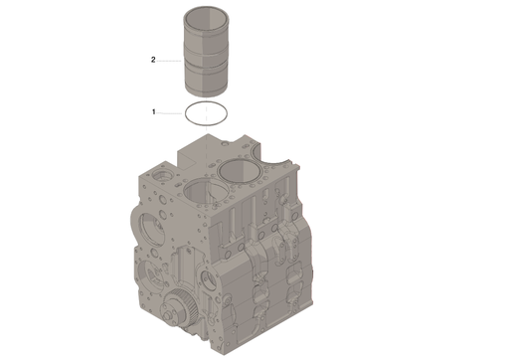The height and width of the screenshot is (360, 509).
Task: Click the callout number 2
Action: point(153,60)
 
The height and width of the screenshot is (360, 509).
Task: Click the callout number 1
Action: point(153,112)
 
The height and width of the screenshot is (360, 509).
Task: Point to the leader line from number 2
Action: point(169,61)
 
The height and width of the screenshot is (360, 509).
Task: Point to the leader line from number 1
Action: point(169,113)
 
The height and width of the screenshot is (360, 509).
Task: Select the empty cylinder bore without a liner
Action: point(206,193)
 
